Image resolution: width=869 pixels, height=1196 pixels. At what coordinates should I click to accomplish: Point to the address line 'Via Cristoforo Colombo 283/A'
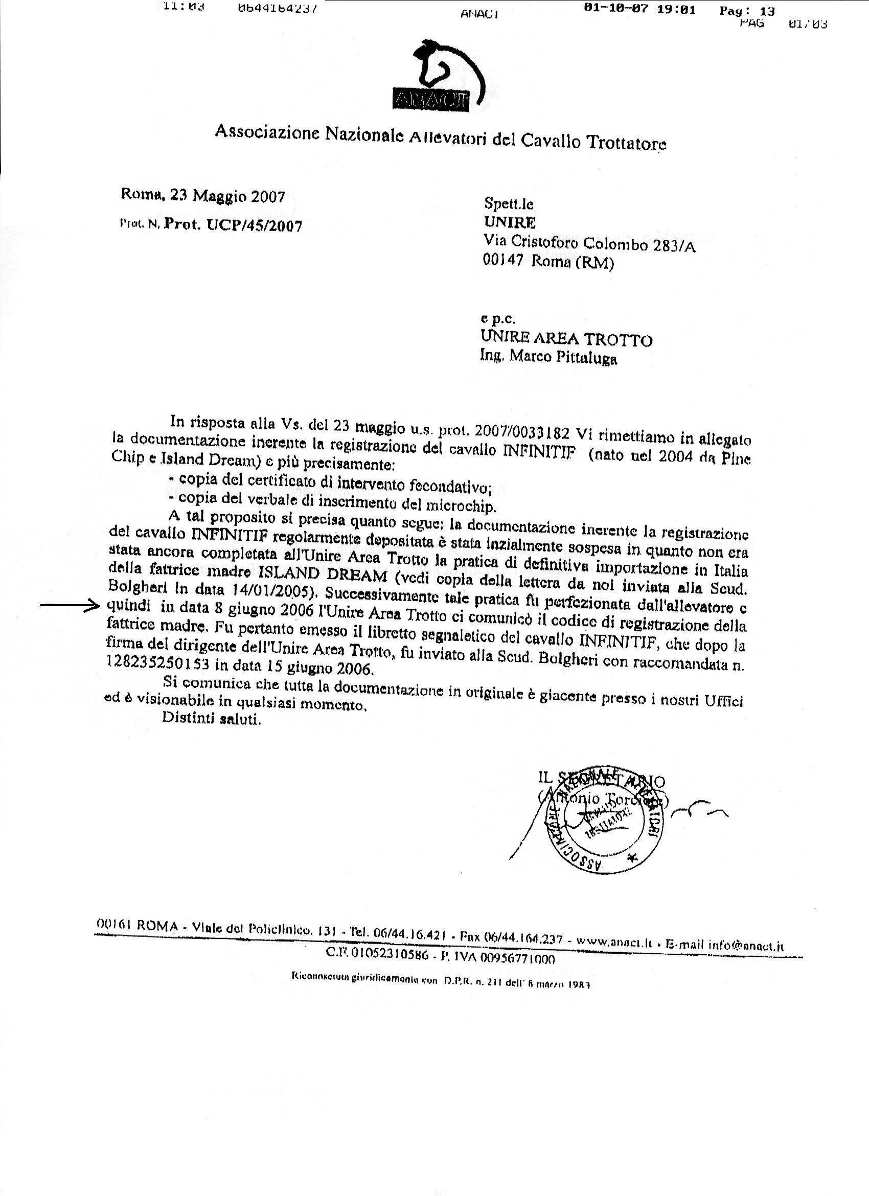click(x=589, y=243)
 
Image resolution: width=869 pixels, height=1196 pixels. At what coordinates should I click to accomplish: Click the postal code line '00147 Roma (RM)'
click(x=548, y=261)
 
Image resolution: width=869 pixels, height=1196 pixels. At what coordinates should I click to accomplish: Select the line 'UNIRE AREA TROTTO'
click(x=566, y=338)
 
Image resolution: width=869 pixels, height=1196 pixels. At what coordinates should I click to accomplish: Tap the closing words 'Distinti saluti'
click(x=212, y=719)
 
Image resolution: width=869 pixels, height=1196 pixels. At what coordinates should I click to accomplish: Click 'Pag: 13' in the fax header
click(x=747, y=11)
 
